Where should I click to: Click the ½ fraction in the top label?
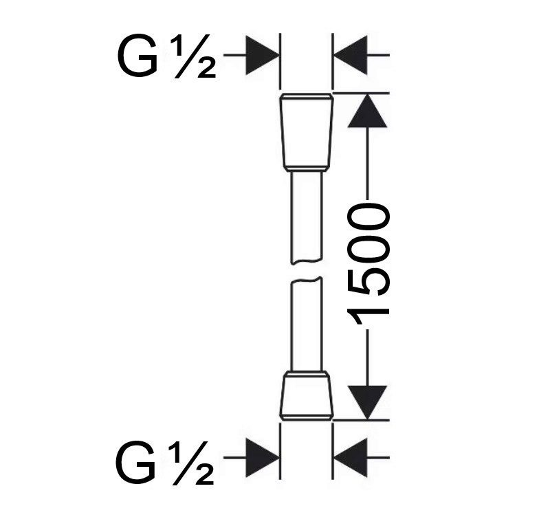(x=192, y=56)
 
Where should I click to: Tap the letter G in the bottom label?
(x=135, y=462)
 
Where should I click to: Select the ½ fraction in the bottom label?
(x=191, y=463)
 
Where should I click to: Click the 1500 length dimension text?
(x=368, y=265)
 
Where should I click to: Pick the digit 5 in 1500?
(x=368, y=284)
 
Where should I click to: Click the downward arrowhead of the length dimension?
(x=367, y=403)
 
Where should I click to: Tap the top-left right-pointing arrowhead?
(x=263, y=55)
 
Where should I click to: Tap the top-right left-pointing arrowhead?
(x=351, y=55)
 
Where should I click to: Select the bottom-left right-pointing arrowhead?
(x=263, y=457)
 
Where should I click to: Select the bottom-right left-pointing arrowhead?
(x=351, y=457)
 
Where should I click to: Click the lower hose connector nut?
(x=306, y=398)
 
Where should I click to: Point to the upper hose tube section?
(x=306, y=217)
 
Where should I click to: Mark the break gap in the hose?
(x=306, y=270)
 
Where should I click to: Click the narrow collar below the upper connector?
(x=306, y=169)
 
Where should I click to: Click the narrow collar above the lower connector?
(x=306, y=374)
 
